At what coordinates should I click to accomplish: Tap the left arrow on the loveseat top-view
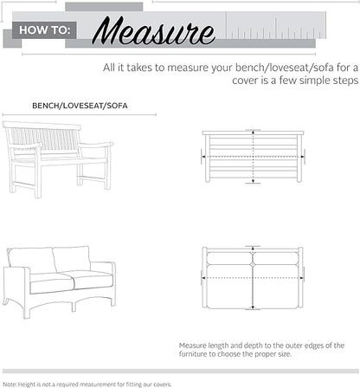pos(204,279)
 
